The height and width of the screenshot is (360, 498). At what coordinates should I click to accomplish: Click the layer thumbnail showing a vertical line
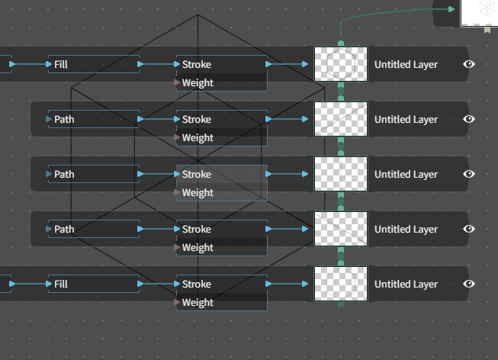click(341, 174)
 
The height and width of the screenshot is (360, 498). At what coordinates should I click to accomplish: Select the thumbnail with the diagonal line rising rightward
click(341, 119)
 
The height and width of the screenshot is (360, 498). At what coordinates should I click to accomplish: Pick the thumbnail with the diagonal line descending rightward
click(341, 229)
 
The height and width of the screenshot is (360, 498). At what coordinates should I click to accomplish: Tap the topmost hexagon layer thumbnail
click(341, 64)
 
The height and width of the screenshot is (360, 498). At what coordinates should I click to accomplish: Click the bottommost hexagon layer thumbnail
click(341, 284)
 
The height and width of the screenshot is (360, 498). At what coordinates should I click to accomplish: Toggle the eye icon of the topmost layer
click(469, 64)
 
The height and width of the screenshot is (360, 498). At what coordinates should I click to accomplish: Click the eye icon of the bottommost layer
click(469, 284)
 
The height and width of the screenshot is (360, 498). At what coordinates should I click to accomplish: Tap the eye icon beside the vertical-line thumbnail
click(469, 174)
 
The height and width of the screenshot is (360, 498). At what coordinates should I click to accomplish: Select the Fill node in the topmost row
click(94, 64)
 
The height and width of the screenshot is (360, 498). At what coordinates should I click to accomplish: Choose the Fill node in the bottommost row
click(94, 284)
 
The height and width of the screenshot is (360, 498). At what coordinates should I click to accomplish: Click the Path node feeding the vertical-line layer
click(94, 174)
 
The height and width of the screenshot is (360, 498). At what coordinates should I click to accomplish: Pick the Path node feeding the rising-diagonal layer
click(94, 119)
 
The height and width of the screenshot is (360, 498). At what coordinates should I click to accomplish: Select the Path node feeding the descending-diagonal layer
click(94, 229)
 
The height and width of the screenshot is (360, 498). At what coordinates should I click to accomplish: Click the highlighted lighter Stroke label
click(197, 174)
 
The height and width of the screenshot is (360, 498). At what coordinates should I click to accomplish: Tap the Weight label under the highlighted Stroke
click(198, 193)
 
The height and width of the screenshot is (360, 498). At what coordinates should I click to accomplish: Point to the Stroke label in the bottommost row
click(197, 284)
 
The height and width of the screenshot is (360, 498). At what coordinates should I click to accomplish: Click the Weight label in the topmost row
click(198, 83)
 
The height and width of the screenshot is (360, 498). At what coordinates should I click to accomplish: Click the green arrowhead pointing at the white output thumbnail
click(451, 9)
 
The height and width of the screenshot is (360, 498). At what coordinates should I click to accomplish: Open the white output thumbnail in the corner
click(479, 13)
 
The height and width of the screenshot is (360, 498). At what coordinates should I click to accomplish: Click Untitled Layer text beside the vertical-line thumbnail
click(406, 175)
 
